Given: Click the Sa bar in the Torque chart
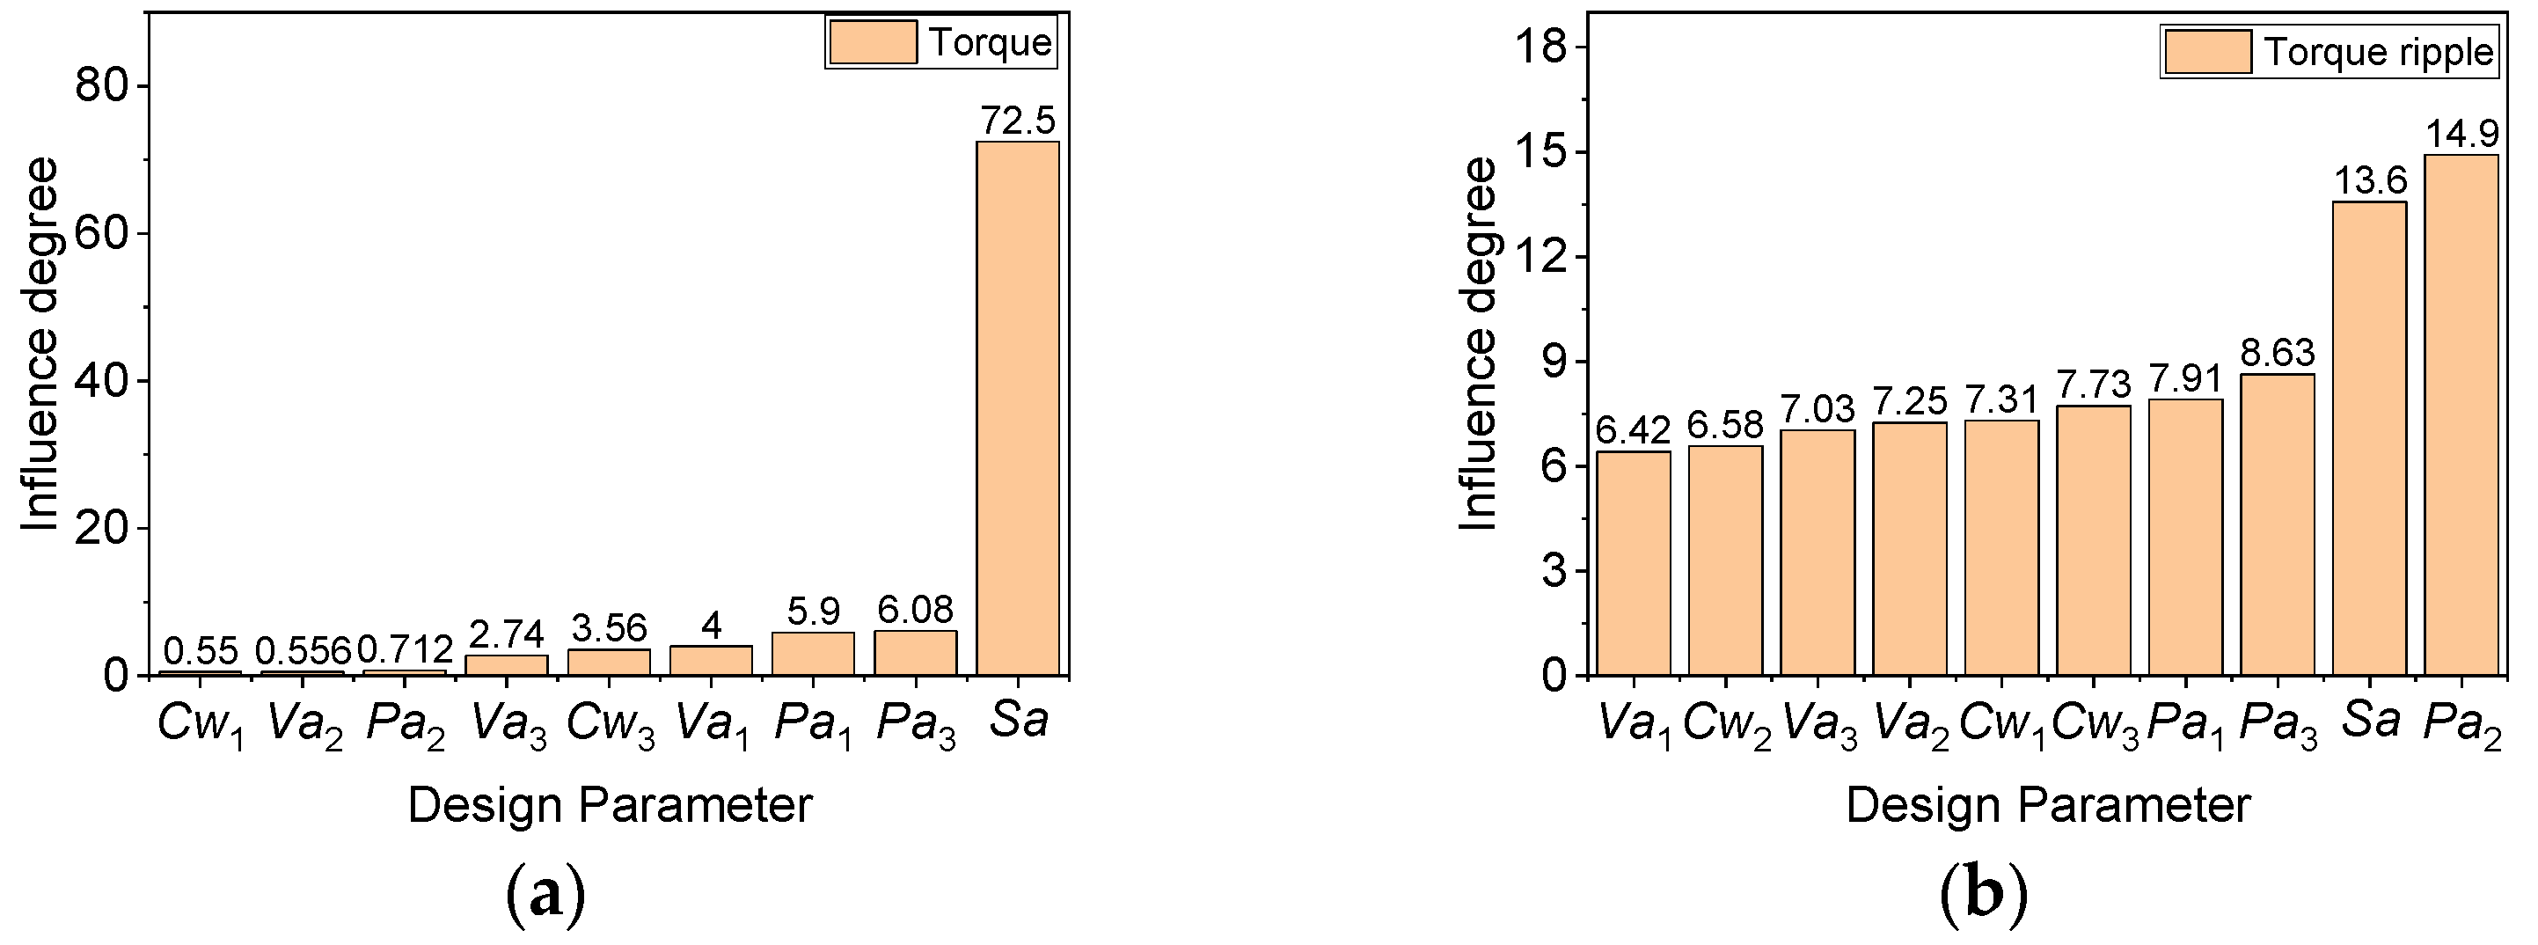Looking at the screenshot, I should coord(1017,408).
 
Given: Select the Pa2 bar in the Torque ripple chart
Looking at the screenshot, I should coord(2461,414).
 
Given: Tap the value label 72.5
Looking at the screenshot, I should coord(1017,121).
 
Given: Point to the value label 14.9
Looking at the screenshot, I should coord(2462,133).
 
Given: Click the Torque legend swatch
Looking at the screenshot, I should coord(873,42).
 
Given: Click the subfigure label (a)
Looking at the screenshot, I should coord(545,895).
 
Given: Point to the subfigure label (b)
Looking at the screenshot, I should coord(1983,895).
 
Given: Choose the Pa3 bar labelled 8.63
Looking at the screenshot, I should coord(2277,524).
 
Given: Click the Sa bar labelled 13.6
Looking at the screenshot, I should coord(2369,438).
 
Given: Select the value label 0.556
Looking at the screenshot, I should coord(304,650).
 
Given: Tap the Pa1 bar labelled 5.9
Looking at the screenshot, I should coord(813,654).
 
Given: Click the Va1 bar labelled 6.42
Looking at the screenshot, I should coord(1634,562).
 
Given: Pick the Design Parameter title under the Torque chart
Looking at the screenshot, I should coord(610,805).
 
